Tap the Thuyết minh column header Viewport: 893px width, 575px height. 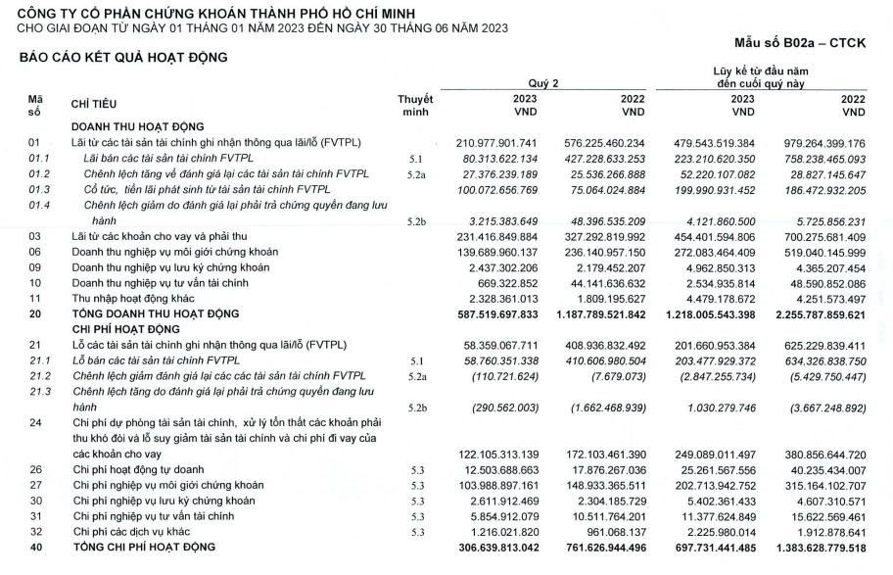(x=415, y=106)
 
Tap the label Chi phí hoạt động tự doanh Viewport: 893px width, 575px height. (x=138, y=469)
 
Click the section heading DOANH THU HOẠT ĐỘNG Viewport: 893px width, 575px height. (x=137, y=127)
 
